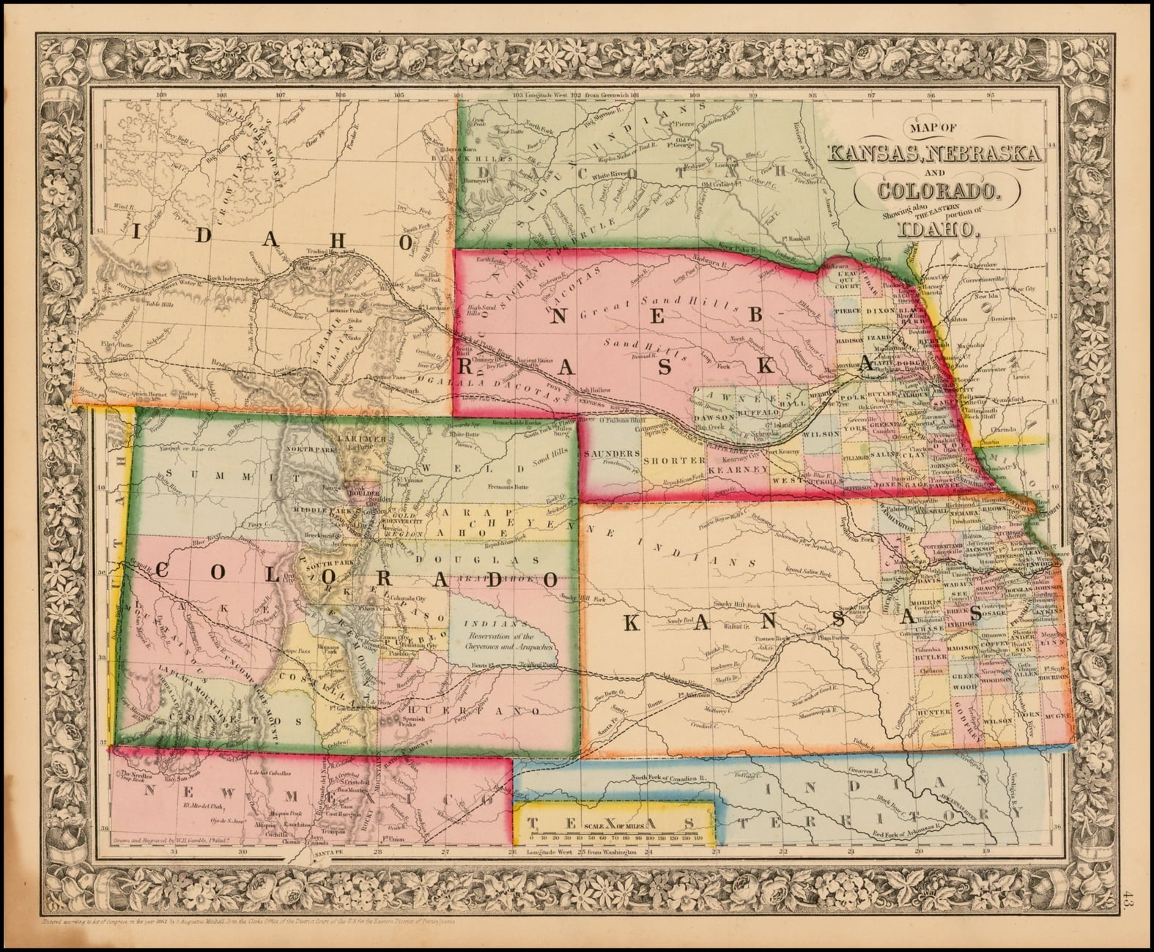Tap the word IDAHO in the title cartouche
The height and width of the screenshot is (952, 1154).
tap(937, 229)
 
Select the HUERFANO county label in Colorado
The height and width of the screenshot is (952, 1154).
tap(495, 711)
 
